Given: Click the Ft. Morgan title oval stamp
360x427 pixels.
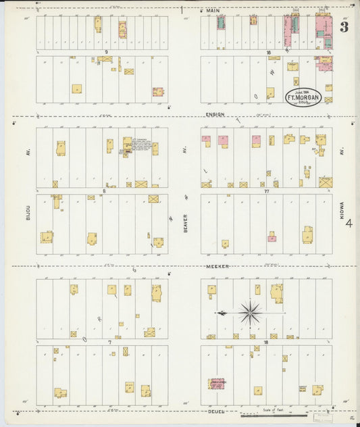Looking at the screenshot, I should (303, 97).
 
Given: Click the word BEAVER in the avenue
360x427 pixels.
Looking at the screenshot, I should (184, 224).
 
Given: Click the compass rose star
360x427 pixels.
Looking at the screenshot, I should (250, 312).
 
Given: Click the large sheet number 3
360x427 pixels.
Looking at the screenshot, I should (344, 27).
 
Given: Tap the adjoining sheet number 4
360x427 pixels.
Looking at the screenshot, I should (349, 224).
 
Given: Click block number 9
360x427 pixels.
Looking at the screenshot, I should (107, 52).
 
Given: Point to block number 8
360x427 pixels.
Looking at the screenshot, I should (104, 191).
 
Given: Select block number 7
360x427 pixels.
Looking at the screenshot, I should (108, 342).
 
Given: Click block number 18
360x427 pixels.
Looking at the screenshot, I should (266, 342).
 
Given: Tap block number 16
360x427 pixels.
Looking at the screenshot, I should (268, 52).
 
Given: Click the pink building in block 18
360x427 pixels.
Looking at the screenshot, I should (217, 384).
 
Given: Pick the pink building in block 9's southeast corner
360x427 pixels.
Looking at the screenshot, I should (157, 91).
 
